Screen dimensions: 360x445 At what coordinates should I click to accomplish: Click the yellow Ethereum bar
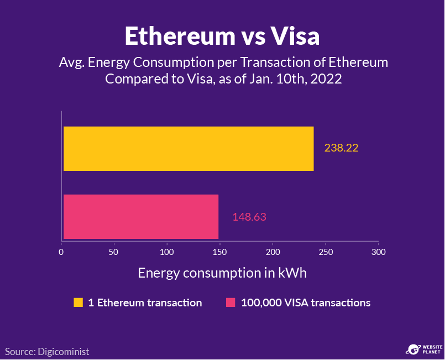pos(188,149)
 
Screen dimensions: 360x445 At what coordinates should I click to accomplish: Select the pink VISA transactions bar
pos(141,217)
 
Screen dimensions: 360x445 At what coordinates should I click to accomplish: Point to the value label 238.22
pos(341,148)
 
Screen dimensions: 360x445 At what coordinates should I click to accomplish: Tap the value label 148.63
pos(249,217)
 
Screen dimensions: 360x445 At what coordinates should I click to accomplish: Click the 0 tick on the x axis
pos(61,252)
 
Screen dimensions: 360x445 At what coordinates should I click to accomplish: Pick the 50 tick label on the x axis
pos(114,252)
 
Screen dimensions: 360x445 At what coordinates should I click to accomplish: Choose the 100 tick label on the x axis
pos(167,252)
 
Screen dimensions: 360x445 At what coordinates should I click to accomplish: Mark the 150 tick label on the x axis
pos(219,252)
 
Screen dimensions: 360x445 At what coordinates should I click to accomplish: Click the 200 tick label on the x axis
pos(273,252)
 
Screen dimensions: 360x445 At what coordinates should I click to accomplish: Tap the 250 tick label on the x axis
pos(326,252)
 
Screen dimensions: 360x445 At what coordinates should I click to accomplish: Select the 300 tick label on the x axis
pos(378,252)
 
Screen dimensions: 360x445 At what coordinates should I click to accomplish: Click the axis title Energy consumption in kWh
pos(222,273)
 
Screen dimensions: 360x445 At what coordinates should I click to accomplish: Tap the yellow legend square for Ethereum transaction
pos(78,302)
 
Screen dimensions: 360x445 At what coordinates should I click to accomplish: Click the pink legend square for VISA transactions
pos(231,302)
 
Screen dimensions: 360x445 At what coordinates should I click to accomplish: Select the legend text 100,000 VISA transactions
pos(306,302)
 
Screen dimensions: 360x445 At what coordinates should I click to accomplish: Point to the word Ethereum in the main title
pos(180,36)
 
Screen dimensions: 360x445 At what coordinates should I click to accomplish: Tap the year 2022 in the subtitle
pos(326,79)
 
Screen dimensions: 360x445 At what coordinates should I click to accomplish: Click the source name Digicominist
pos(62,351)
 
